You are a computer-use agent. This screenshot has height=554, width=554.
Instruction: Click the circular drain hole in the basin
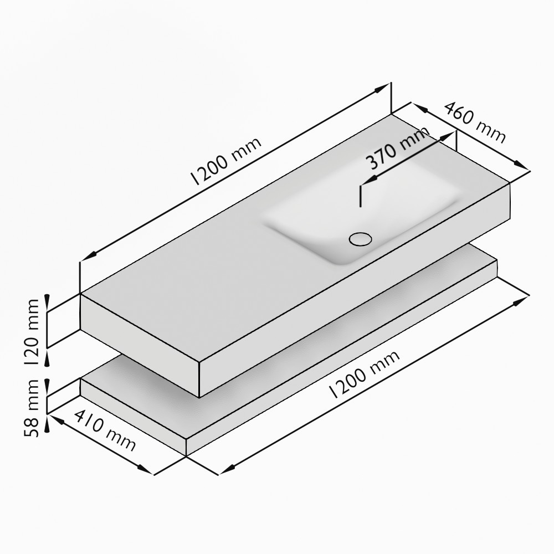(x=360, y=239)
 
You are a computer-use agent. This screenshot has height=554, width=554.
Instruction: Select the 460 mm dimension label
(x=474, y=122)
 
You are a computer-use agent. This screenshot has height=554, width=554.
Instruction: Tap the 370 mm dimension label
(x=398, y=148)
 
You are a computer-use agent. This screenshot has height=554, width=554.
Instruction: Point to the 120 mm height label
(x=34, y=331)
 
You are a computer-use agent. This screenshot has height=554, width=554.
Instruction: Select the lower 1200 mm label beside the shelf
(x=365, y=375)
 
